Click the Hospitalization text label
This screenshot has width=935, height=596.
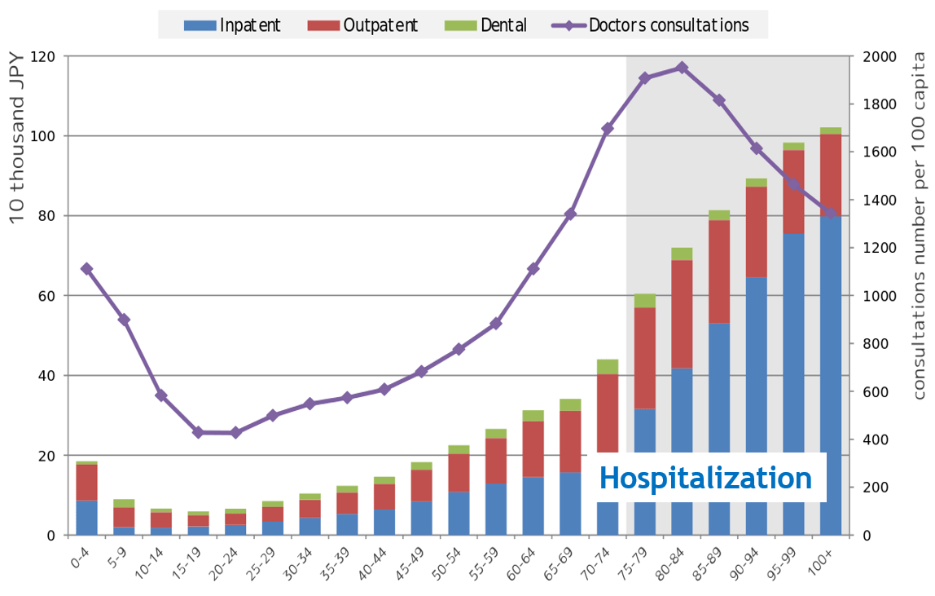point(705,478)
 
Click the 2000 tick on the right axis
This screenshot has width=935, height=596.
point(878,57)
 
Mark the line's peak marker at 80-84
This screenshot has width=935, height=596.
point(682,68)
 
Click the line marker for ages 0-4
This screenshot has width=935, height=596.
point(86,269)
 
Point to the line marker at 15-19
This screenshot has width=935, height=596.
point(198,432)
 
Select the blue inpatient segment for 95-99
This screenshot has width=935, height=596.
point(793,342)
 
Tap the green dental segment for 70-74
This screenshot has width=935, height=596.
point(608,367)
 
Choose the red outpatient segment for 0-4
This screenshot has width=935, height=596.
point(86,482)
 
